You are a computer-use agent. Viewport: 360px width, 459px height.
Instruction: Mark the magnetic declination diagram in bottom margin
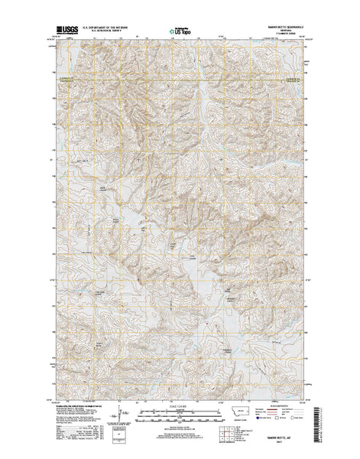(115, 417)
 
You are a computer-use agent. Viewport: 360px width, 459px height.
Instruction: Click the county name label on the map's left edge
(60, 75)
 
